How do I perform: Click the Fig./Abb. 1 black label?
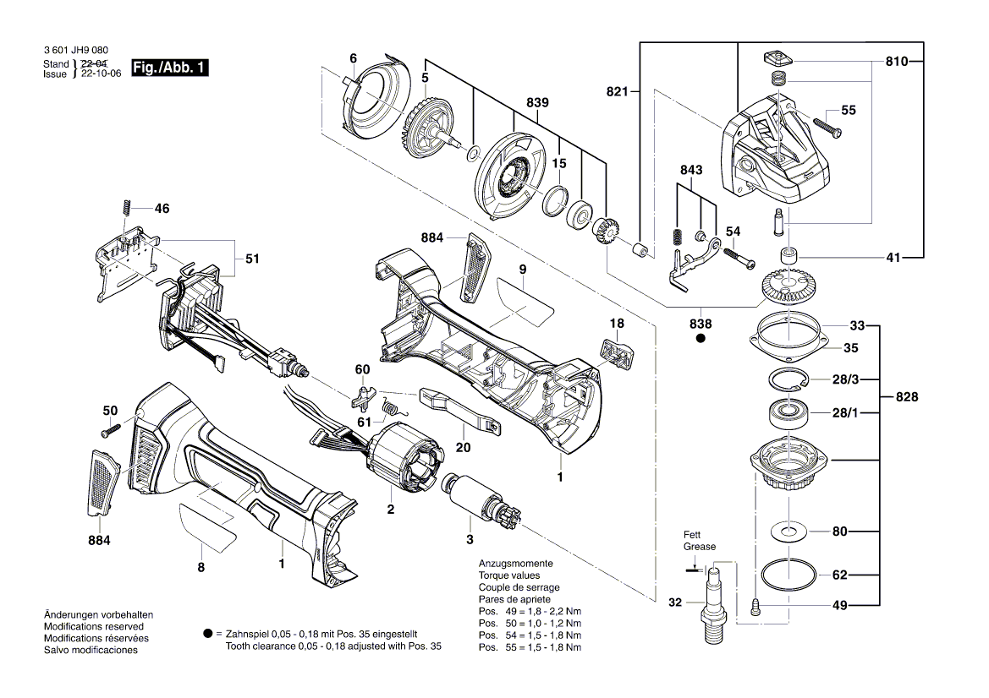(x=169, y=68)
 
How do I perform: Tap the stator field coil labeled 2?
(x=407, y=461)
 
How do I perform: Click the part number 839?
(x=537, y=103)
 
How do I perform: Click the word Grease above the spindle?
(x=700, y=547)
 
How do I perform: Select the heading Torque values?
(x=510, y=575)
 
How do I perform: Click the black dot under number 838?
(x=700, y=339)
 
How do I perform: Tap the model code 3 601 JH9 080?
(x=75, y=52)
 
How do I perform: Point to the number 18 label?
(x=617, y=323)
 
